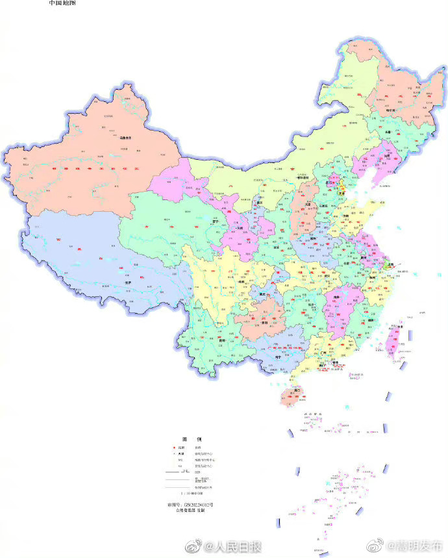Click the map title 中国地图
point(62,3)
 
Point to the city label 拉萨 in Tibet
point(119,283)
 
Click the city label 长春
point(388,132)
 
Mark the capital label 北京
point(337,181)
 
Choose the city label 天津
point(342,193)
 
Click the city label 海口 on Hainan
point(296,390)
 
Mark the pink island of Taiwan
point(393,342)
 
